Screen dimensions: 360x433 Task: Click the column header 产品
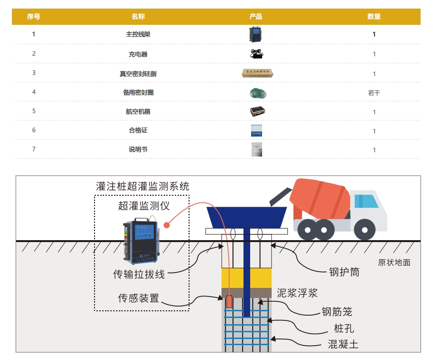coord(256,17)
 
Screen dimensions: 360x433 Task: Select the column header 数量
coord(374,17)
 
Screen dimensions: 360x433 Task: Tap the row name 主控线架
coord(138,34)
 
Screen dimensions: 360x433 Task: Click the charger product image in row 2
coord(257,53)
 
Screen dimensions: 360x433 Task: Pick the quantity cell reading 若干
coord(374,93)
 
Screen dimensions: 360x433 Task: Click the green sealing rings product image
coord(257,93)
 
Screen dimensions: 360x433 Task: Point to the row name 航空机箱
coord(138,112)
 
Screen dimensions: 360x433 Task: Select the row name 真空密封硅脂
coord(138,74)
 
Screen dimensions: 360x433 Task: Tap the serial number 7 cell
coord(34,149)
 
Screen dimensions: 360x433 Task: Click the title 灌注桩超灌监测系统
coord(143,186)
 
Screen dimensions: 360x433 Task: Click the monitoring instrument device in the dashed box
coord(142,240)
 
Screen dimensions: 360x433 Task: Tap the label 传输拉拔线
coord(138,275)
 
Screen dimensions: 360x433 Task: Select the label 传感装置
coord(138,298)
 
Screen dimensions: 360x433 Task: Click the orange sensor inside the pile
coord(229,302)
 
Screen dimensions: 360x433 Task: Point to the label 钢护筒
coord(344,272)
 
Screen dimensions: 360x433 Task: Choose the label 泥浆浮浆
coord(297,293)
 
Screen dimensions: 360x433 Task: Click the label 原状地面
coord(394,262)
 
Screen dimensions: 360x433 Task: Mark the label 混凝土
coord(343,344)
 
